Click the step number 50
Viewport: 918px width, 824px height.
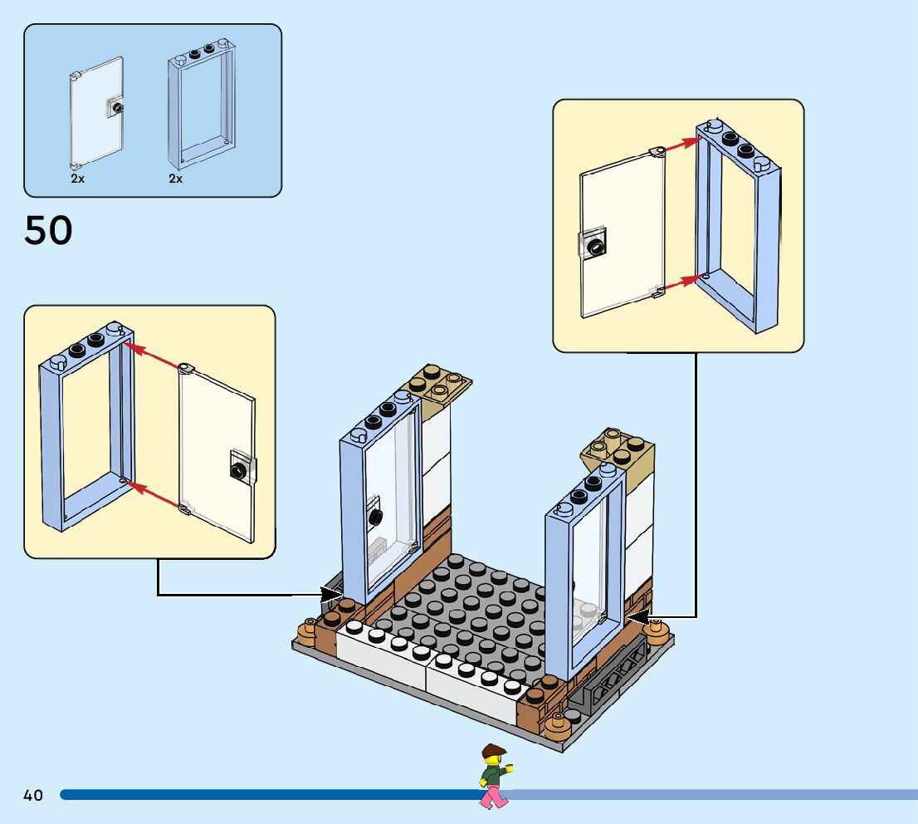(x=49, y=230)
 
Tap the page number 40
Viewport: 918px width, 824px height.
(x=33, y=795)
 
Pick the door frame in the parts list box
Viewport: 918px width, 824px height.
(x=202, y=105)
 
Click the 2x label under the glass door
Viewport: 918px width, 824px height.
(x=78, y=179)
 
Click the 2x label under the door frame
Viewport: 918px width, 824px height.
(x=176, y=179)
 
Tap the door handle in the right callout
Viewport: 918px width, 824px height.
(x=593, y=245)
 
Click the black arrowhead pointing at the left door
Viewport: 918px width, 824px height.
(x=331, y=594)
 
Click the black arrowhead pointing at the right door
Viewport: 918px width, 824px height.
(x=638, y=616)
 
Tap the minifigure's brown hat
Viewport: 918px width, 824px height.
(x=494, y=750)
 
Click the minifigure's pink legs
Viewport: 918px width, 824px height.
(x=493, y=797)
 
